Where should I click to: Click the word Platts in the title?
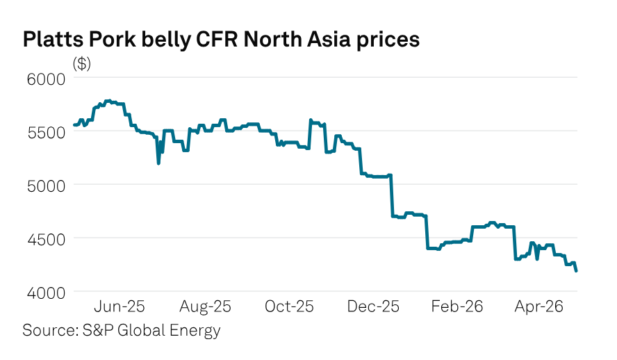[x=53, y=40]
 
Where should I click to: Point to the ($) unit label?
[x=81, y=63]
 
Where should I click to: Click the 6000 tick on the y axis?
[x=46, y=79]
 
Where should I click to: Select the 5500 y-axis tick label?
[x=46, y=133]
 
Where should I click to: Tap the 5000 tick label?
[x=46, y=186]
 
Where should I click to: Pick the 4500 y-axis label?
[x=46, y=239]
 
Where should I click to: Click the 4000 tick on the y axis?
[x=46, y=293]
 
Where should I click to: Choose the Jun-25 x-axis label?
[x=120, y=306]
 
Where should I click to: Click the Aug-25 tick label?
[x=205, y=306]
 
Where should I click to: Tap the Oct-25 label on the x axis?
[x=289, y=306]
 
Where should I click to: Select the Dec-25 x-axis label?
[x=373, y=306]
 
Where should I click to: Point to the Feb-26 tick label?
[x=457, y=306]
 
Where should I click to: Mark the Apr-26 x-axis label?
[x=539, y=306]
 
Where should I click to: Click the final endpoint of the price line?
[x=576, y=270]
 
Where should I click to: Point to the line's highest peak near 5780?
[x=109, y=101]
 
